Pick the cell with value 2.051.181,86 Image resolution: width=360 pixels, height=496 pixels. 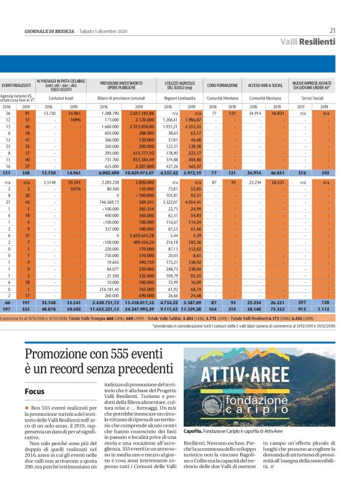coord(142,114)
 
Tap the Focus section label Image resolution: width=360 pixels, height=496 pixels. coord(34,392)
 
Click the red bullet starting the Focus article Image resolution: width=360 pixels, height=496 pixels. coord(27,407)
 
